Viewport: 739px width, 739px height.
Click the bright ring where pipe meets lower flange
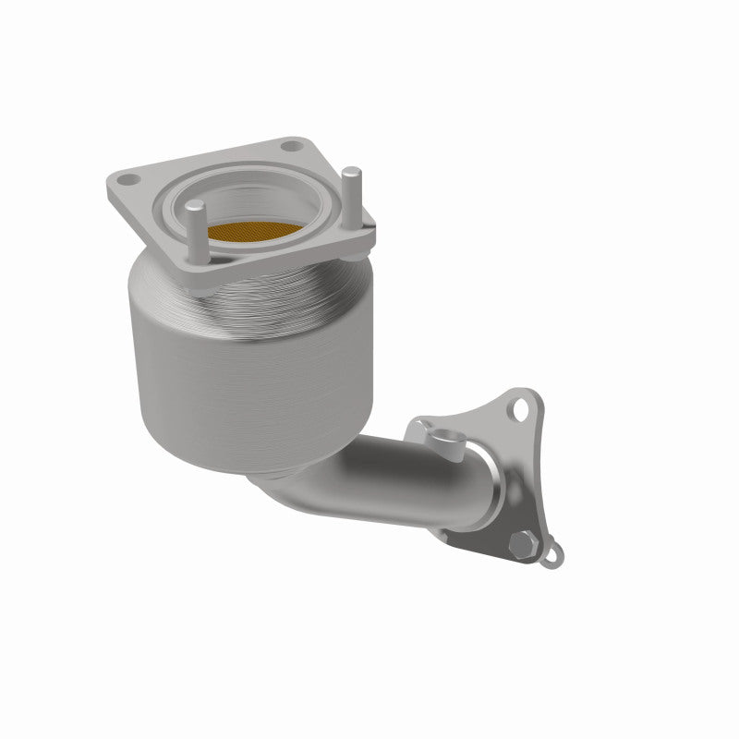(x=485, y=480)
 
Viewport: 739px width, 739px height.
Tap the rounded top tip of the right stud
(x=351, y=172)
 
